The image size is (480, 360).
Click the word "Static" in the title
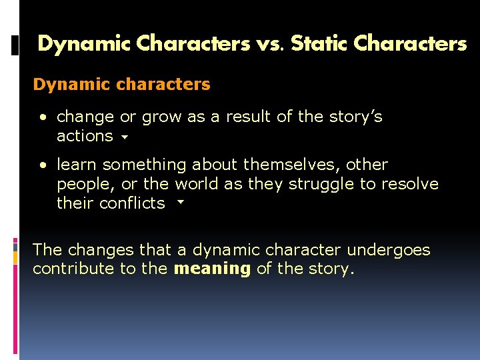click(x=319, y=44)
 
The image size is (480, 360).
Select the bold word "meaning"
click(x=212, y=269)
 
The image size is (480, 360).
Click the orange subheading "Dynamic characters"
click(x=121, y=85)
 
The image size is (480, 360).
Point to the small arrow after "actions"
click(x=125, y=138)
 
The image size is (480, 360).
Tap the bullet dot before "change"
click(x=43, y=117)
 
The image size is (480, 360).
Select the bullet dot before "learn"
click(x=43, y=165)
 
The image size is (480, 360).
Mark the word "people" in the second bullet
click(x=84, y=184)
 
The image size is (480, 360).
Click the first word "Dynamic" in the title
click(x=84, y=44)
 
